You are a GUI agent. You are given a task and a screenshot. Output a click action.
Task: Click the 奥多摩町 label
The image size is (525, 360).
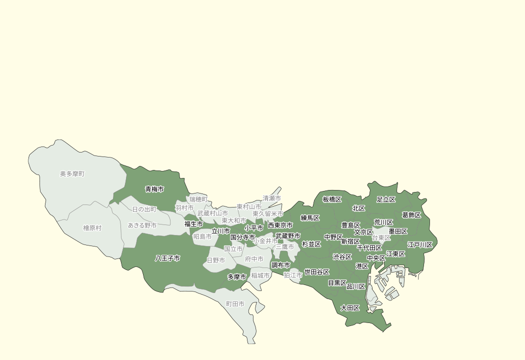(72, 174)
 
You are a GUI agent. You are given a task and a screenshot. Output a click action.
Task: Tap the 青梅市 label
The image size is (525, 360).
(154, 189)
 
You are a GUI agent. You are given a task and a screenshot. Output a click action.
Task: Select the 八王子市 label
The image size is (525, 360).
(167, 258)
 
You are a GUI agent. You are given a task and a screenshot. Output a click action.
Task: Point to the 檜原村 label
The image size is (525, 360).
(92, 228)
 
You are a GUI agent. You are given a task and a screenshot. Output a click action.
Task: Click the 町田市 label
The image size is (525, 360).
(235, 304)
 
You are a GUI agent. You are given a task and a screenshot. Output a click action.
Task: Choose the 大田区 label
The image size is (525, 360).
(350, 308)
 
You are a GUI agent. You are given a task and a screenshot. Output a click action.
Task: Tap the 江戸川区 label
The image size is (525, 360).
(420, 245)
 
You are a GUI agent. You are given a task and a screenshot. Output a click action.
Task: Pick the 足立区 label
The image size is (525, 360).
(386, 199)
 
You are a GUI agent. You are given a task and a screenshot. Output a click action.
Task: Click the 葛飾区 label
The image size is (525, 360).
(411, 215)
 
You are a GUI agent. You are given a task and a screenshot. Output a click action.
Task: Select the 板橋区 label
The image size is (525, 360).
(332, 199)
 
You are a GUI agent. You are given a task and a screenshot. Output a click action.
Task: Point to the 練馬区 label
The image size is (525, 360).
(310, 218)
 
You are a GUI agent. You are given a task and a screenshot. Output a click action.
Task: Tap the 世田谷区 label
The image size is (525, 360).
(317, 272)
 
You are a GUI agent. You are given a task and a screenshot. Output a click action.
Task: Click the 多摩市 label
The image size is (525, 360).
(237, 277)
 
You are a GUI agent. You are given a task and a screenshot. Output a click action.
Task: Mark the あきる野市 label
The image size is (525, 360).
(142, 225)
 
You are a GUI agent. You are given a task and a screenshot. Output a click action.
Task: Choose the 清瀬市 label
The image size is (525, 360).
(272, 198)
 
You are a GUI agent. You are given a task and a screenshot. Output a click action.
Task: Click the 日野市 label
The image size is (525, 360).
(216, 260)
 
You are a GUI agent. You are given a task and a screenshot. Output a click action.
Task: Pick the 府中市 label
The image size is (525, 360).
(254, 259)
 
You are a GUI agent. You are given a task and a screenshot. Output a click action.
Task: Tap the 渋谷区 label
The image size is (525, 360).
(342, 257)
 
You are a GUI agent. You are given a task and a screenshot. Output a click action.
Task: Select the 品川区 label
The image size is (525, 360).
(356, 286)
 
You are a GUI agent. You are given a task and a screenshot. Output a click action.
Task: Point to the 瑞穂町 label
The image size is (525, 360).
(198, 199)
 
